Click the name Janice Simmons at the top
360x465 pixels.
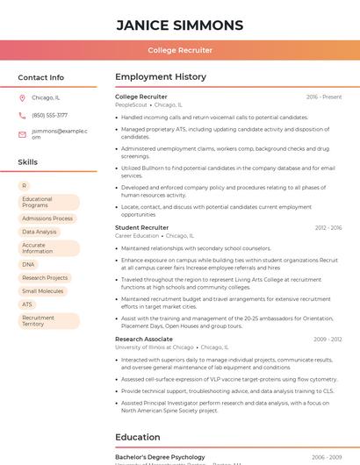point(180,25)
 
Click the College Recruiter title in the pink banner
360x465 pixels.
point(180,50)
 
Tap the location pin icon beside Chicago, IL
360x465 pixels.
point(23,98)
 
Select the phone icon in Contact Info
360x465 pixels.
point(23,115)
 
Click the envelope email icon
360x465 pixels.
point(23,134)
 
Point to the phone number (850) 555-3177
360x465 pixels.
point(49,115)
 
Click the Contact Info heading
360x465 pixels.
point(40,77)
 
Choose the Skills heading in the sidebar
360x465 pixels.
point(27,162)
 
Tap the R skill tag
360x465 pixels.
point(25,186)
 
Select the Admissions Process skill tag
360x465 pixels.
point(47,218)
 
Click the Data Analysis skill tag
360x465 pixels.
point(40,232)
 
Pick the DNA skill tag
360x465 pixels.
point(29,264)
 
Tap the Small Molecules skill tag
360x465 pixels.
point(43,291)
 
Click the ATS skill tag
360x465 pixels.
point(27,304)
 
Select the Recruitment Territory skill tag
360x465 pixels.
point(39,321)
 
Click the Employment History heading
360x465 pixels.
point(161,77)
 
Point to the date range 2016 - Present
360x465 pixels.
point(324,97)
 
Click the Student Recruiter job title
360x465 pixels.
point(141,228)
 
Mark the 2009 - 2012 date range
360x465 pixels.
point(328,339)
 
